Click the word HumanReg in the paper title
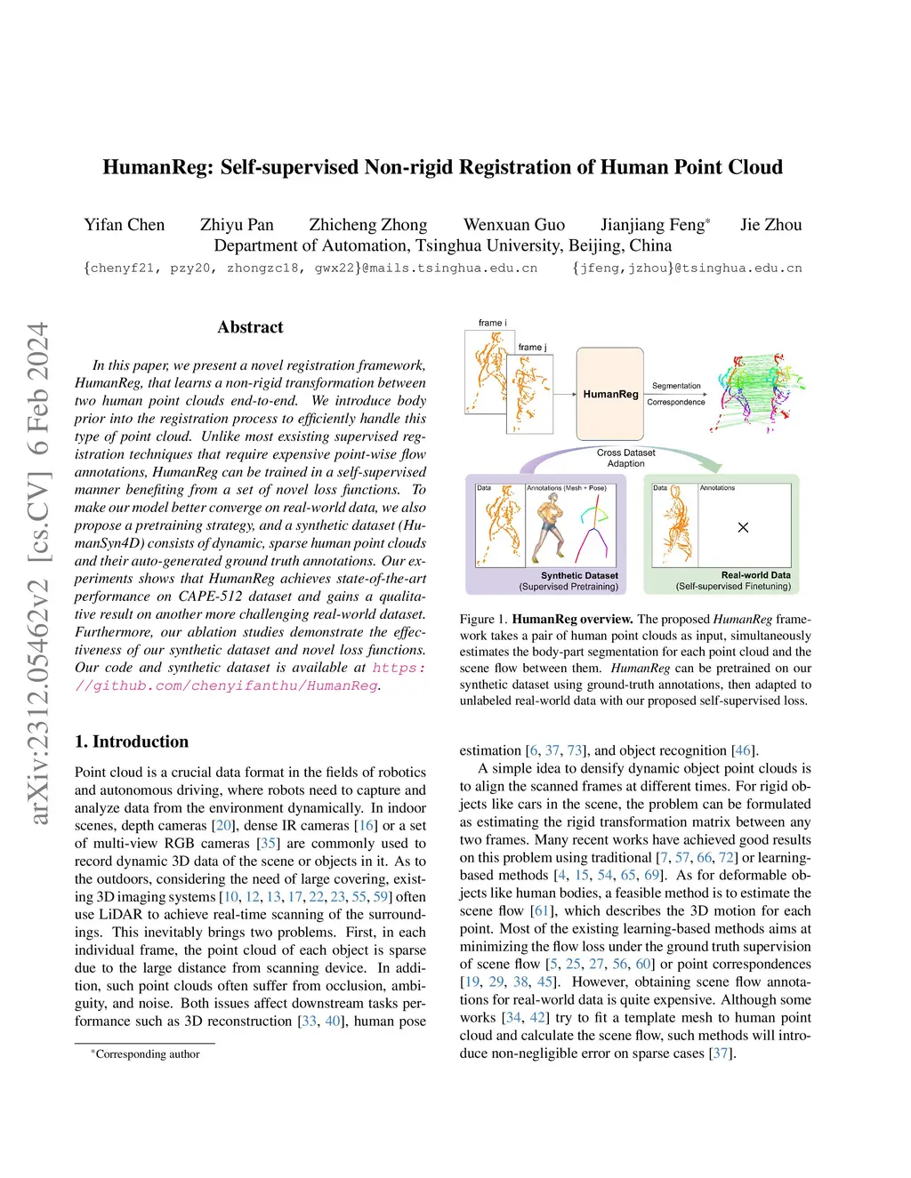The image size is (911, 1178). [157, 167]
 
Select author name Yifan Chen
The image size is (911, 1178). [125, 225]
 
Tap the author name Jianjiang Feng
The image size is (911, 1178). [654, 225]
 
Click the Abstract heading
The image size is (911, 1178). [250, 327]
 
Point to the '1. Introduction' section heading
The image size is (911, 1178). [132, 741]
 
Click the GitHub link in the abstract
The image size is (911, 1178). [250, 677]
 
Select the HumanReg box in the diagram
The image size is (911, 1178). [610, 394]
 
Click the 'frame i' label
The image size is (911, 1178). [493, 323]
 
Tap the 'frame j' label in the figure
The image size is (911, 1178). [532, 347]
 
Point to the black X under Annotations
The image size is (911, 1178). [743, 527]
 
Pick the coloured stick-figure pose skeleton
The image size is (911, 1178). [593, 528]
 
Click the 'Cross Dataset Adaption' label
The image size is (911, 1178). [625, 458]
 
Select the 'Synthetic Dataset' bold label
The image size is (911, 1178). [579, 575]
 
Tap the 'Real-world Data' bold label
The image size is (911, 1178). [755, 575]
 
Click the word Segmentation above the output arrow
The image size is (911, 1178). [676, 386]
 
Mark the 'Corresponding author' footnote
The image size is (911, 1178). [147, 1054]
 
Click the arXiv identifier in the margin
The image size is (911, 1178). [38, 573]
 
